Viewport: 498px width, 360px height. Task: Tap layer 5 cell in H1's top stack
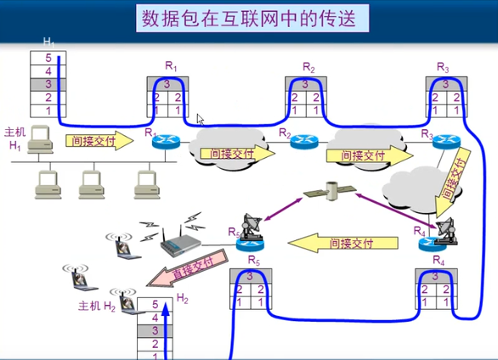point(48,59)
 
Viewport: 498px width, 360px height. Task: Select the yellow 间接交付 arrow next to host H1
point(99,140)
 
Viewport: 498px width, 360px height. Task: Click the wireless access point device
point(180,246)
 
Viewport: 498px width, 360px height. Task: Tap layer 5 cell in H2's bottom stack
point(154,303)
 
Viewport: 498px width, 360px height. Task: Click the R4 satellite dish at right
point(444,228)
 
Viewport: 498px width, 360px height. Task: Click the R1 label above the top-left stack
point(171,65)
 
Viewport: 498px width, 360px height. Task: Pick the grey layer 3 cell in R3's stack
point(443,84)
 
